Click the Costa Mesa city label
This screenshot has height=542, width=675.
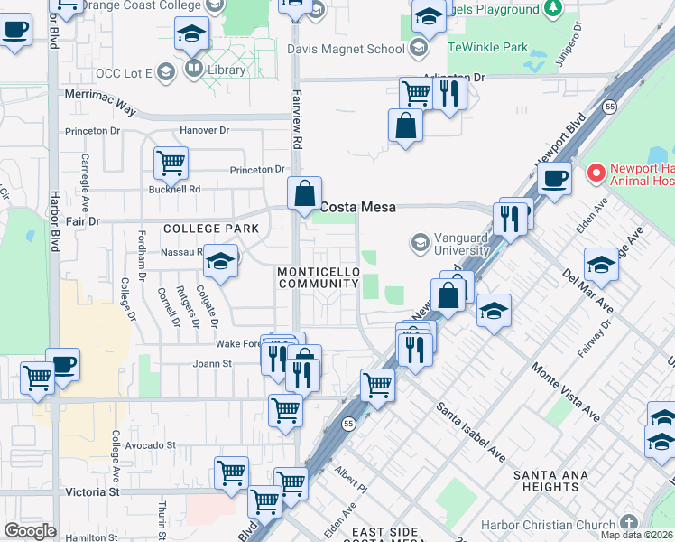point(358,207)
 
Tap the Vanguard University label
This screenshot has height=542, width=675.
point(461,244)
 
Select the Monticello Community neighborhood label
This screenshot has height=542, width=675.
point(319,277)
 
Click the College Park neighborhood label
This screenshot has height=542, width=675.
point(210,229)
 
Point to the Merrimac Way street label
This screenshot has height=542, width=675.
point(99,108)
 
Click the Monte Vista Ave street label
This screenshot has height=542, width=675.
point(565,392)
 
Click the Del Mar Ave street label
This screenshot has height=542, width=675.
point(587,290)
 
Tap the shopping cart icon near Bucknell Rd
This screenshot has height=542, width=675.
point(171,164)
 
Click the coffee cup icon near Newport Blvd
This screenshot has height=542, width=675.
point(555,177)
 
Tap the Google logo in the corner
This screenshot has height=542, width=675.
point(31,531)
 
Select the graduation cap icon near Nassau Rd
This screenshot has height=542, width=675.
point(219,261)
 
